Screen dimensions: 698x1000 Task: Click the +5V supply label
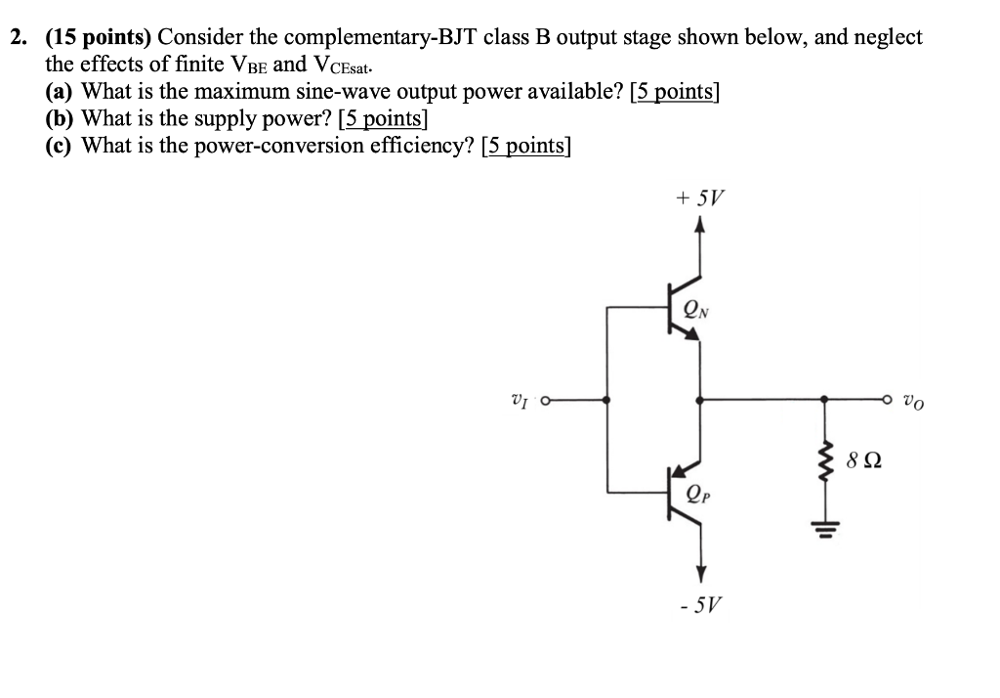tap(699, 199)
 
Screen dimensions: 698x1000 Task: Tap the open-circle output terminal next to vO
tap(888, 400)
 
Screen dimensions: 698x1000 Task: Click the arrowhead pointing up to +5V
tap(699, 226)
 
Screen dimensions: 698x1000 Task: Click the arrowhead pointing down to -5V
tap(699, 573)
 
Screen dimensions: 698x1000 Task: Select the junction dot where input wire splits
tap(607, 400)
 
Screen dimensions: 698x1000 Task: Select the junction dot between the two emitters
tap(699, 400)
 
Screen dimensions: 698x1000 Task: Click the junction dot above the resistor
tap(825, 400)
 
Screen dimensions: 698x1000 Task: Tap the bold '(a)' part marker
tap(62, 92)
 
